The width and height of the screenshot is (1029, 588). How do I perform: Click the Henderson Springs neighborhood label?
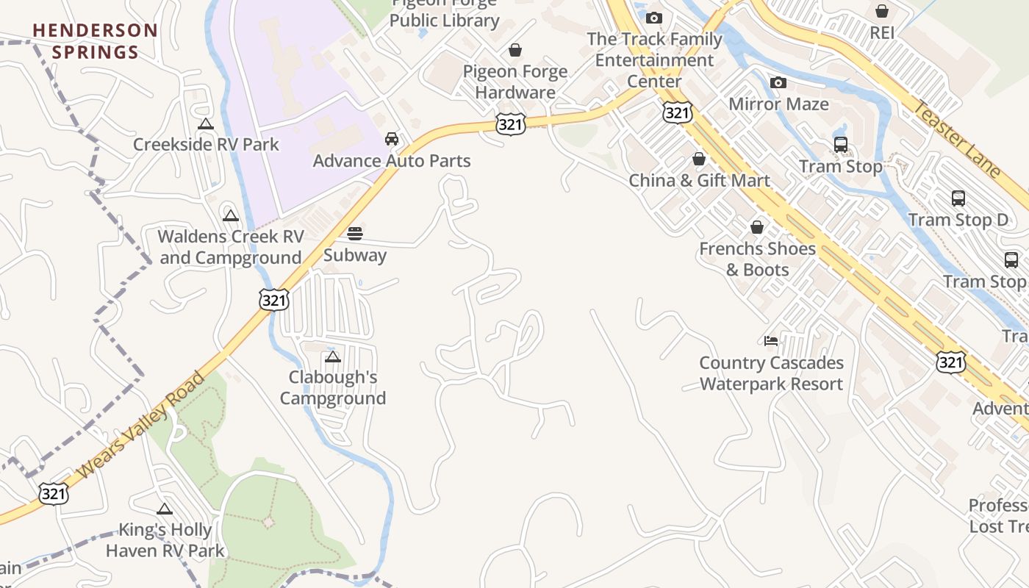point(96,41)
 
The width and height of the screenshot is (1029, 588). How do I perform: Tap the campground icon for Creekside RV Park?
point(206,124)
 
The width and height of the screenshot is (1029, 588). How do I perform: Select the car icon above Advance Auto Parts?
point(392,139)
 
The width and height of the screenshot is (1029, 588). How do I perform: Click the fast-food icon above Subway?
point(355,234)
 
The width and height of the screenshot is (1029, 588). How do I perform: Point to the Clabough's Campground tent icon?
point(333,357)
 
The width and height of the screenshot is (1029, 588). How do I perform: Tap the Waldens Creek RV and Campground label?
point(231,247)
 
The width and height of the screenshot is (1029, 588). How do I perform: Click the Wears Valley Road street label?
point(141,425)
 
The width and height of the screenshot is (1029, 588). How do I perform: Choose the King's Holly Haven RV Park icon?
point(165,509)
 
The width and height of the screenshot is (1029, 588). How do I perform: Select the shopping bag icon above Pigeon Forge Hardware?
point(515,50)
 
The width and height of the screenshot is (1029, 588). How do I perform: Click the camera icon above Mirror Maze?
point(778,83)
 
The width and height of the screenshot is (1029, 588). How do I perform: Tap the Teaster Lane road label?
point(957,140)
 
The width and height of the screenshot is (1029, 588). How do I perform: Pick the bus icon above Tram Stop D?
point(958,198)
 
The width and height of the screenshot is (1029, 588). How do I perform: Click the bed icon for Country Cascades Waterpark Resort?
point(771,341)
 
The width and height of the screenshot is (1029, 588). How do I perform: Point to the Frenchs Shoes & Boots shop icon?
point(757,227)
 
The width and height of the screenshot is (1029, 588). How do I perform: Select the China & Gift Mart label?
point(699,180)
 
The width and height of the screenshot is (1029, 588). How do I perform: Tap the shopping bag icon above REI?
point(882,11)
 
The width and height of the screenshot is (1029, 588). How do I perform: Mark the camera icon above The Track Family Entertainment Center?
point(654,18)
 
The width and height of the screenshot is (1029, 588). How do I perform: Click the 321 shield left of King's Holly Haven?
point(54,493)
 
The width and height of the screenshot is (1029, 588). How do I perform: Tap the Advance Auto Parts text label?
point(392,160)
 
